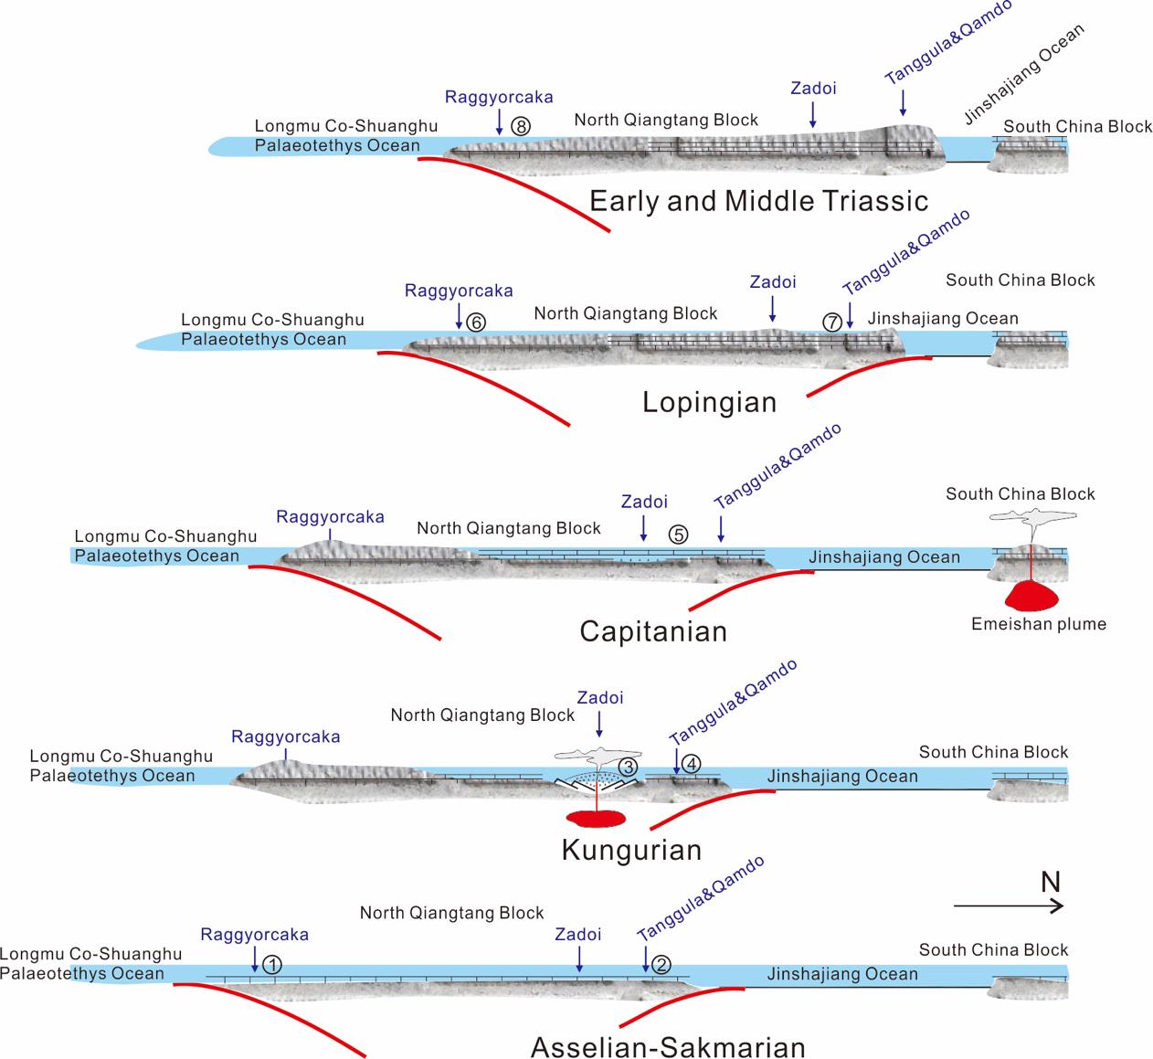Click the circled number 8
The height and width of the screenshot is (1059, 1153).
[521, 126]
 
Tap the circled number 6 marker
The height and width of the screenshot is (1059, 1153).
[475, 322]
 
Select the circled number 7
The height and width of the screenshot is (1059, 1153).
[831, 322]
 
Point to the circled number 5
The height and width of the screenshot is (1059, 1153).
[678, 535]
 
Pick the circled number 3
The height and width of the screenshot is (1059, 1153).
[628, 766]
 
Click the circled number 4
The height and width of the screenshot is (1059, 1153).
[691, 763]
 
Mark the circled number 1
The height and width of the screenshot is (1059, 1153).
[271, 963]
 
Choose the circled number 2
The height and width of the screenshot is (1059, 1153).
[663, 963]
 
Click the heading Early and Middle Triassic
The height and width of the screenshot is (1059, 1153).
[758, 201]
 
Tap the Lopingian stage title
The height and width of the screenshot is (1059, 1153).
[709, 402]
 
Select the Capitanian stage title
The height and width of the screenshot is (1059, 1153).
[653, 631]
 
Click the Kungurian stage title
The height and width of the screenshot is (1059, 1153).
[631, 851]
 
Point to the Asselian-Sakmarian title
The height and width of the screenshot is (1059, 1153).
[668, 1047]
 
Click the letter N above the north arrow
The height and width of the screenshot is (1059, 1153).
[1050, 882]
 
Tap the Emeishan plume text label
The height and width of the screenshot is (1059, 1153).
[1039, 625]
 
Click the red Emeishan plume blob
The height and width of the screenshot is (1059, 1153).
[1031, 597]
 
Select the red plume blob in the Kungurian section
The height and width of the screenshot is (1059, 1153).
[596, 816]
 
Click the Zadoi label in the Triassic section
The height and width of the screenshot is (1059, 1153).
[813, 89]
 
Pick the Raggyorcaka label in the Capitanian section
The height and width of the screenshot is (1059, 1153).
[330, 517]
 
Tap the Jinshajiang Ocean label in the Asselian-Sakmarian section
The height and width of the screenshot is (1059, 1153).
[842, 974]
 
